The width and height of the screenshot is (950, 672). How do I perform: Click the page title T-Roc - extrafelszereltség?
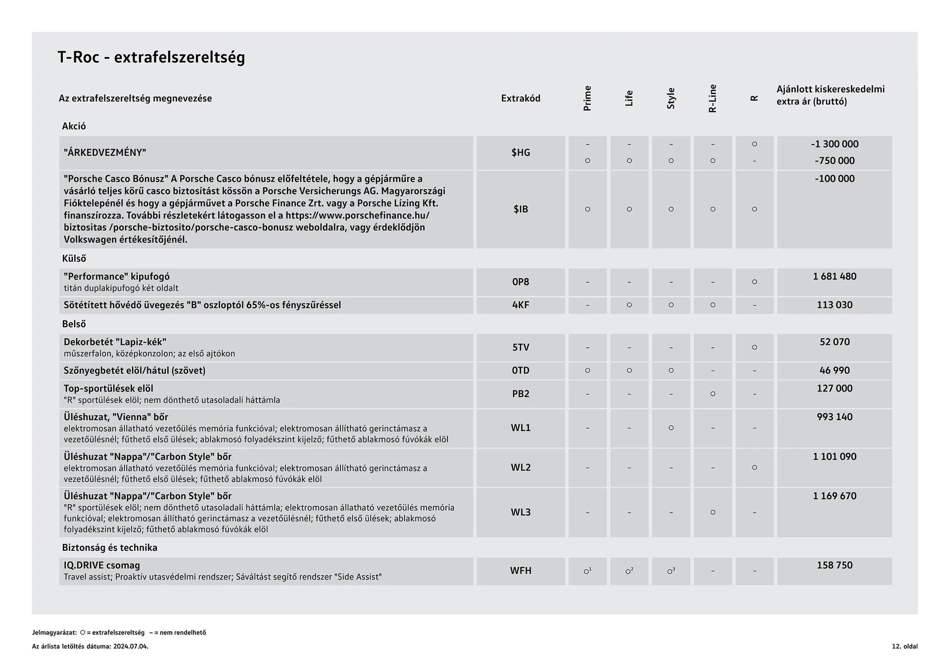[151, 57]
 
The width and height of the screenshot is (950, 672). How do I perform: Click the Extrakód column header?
[521, 98]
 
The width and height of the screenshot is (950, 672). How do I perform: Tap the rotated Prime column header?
[587, 98]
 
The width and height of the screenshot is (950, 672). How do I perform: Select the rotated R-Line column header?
[712, 98]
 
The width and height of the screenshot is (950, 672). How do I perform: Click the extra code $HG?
[521, 152]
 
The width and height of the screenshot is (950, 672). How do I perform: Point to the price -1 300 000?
[834, 144]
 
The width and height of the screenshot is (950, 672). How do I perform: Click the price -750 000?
[834, 160]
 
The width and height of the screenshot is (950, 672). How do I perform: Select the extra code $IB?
[521, 209]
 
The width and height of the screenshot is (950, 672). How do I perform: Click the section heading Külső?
[74, 258]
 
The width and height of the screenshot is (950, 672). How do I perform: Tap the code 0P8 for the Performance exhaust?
[521, 282]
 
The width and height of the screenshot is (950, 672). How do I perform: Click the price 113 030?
[834, 305]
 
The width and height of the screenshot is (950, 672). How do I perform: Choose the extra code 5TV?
[521, 347]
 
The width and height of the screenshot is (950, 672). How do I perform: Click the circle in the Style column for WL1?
[671, 428]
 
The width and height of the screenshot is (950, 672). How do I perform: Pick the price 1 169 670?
[834, 496]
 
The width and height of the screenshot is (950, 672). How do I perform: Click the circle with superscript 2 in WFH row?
[629, 571]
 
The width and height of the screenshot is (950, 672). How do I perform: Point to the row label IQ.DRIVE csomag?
[102, 565]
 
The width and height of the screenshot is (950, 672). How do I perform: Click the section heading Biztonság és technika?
[109, 547]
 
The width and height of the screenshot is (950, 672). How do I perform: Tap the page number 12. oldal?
[904, 646]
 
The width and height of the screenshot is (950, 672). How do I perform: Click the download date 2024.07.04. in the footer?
[131, 646]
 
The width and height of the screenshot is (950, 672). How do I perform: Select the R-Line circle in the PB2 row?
[712, 394]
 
